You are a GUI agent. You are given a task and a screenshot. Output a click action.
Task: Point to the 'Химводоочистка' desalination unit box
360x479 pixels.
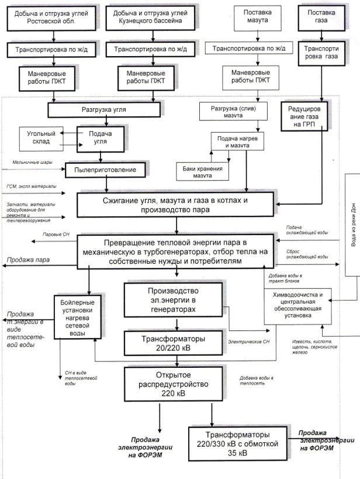point(301,304)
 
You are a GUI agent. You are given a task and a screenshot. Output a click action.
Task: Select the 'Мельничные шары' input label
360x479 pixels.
point(25,162)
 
